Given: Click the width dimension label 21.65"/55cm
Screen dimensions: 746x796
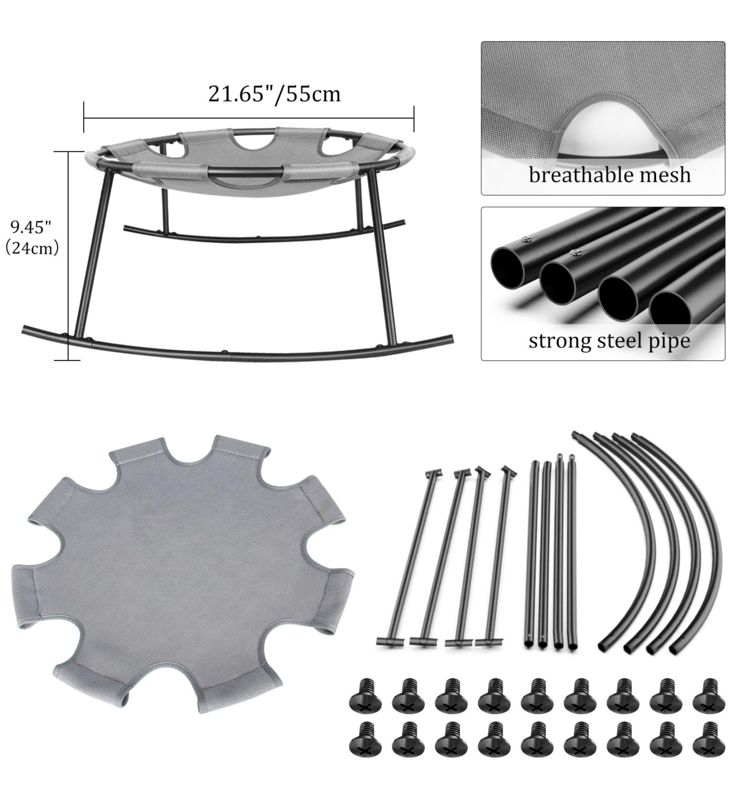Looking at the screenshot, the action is pyautogui.click(x=274, y=93).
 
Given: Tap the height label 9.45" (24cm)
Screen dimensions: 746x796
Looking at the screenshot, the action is pyautogui.click(x=32, y=237).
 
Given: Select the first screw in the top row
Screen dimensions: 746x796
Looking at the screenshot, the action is pyautogui.click(x=365, y=695).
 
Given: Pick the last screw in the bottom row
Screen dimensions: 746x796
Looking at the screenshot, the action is pyautogui.click(x=709, y=738).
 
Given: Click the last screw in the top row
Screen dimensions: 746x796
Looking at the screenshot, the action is pyautogui.click(x=709, y=695).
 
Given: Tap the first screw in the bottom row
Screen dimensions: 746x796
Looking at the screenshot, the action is pyautogui.click(x=365, y=738).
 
